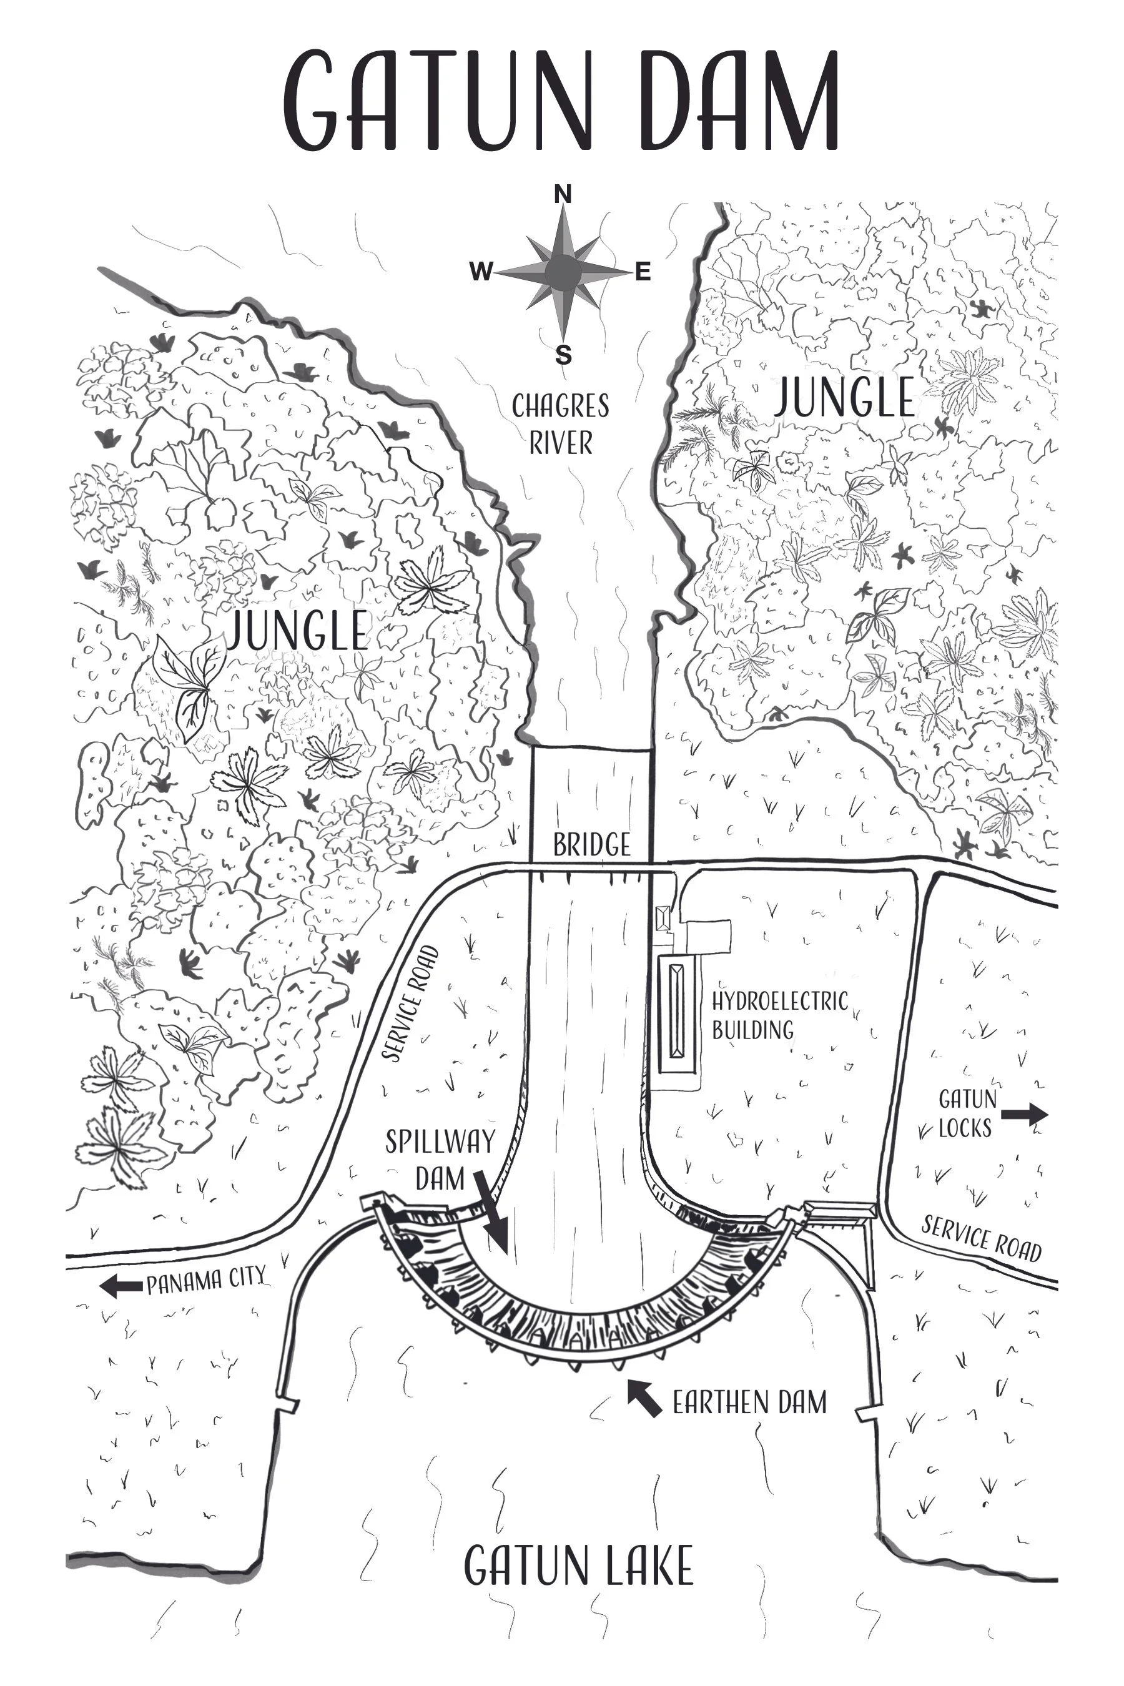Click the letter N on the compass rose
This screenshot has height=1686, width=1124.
[x=563, y=194]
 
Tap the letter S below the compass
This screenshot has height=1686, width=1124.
[x=564, y=355]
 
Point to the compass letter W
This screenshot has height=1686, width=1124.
[x=481, y=272]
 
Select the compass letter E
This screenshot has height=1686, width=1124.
[x=643, y=272]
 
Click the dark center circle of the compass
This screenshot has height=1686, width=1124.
[x=563, y=272]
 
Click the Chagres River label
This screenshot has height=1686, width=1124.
[x=561, y=425]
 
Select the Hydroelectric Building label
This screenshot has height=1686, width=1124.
[x=779, y=1015]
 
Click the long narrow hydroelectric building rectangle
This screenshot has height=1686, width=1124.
[x=678, y=1012]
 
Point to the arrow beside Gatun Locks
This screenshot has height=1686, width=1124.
[x=1024, y=1115]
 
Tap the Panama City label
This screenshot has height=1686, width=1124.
[x=207, y=1280]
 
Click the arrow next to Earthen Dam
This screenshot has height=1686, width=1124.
[x=644, y=1399]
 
